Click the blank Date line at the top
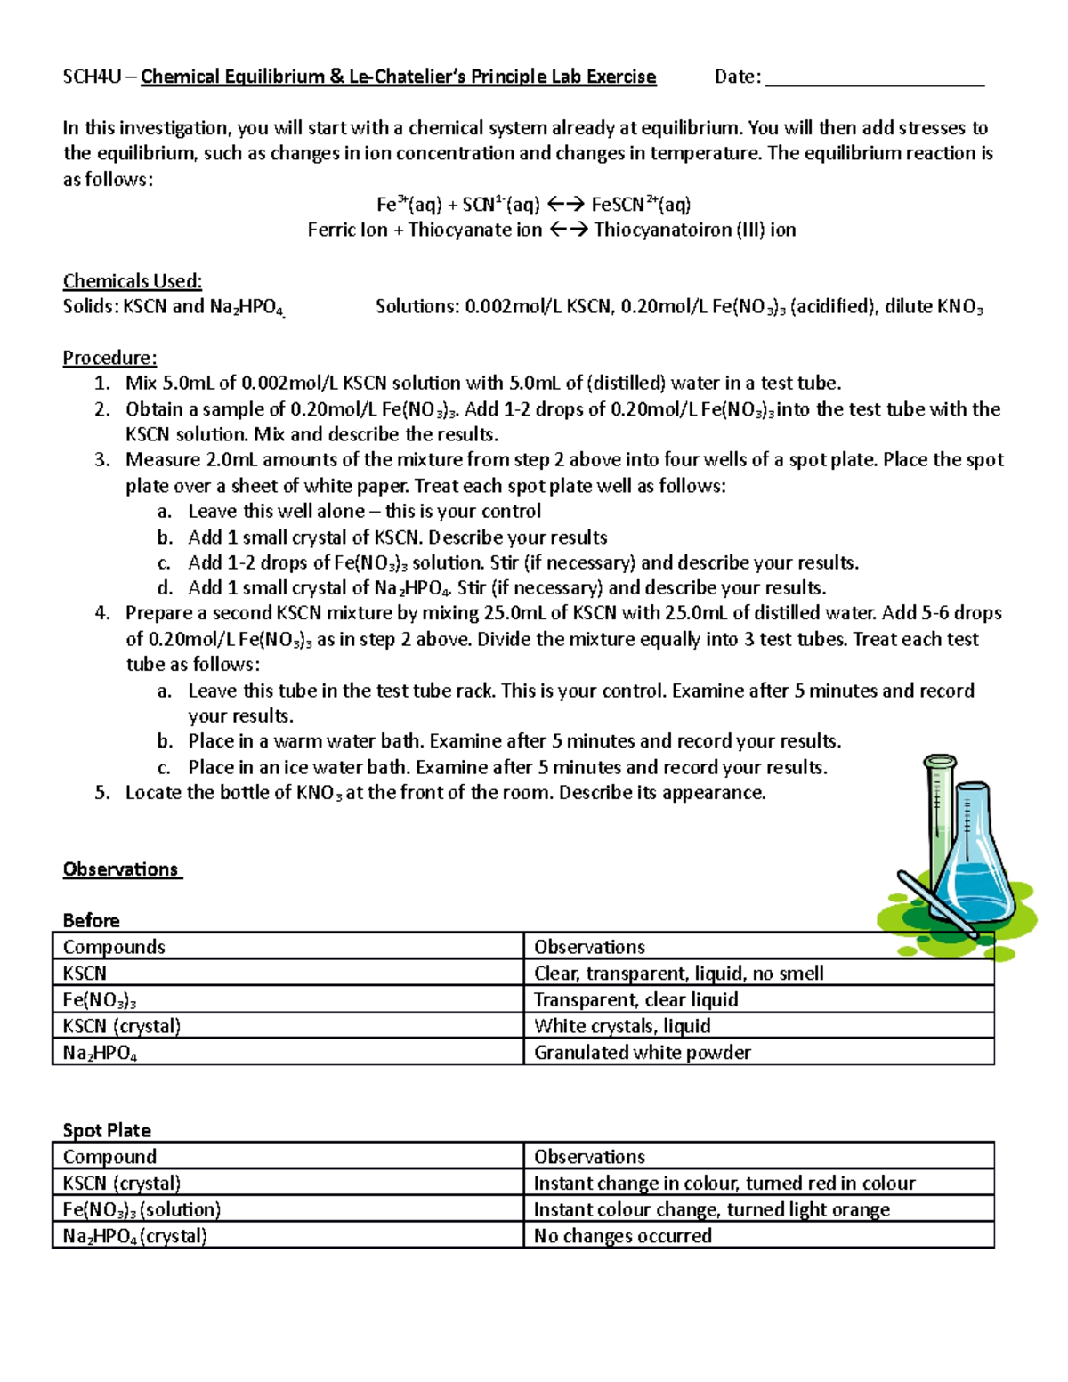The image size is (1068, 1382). click(874, 78)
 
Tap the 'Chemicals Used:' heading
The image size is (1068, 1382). click(133, 281)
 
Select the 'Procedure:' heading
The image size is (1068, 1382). click(109, 358)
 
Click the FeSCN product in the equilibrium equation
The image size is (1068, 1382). click(618, 205)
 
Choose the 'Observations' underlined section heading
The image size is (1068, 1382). click(121, 869)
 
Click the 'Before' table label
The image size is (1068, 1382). click(91, 920)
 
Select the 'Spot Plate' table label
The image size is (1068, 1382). click(107, 1130)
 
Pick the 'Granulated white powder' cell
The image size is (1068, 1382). click(642, 1053)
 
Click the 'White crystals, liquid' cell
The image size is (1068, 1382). click(622, 1026)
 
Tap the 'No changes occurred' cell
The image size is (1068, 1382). click(622, 1236)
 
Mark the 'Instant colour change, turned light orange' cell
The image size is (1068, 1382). click(711, 1209)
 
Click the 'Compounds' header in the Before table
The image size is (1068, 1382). click(114, 947)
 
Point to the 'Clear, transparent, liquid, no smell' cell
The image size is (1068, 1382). click(678, 974)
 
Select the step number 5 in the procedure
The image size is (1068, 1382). click(102, 793)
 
